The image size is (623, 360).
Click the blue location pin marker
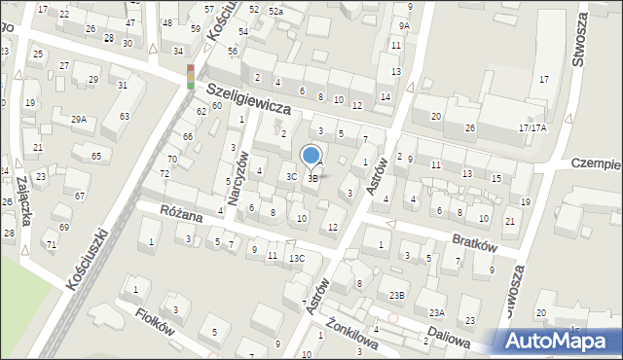311,156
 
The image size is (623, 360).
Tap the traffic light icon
191,77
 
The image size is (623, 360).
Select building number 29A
79,120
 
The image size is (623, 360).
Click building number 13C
298,258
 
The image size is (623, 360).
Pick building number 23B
396,295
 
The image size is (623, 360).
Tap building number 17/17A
532,127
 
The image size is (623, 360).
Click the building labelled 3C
291,176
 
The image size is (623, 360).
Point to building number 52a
275,10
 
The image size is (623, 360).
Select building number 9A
404,25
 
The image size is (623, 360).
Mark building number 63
124,117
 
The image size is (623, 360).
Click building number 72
165,173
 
